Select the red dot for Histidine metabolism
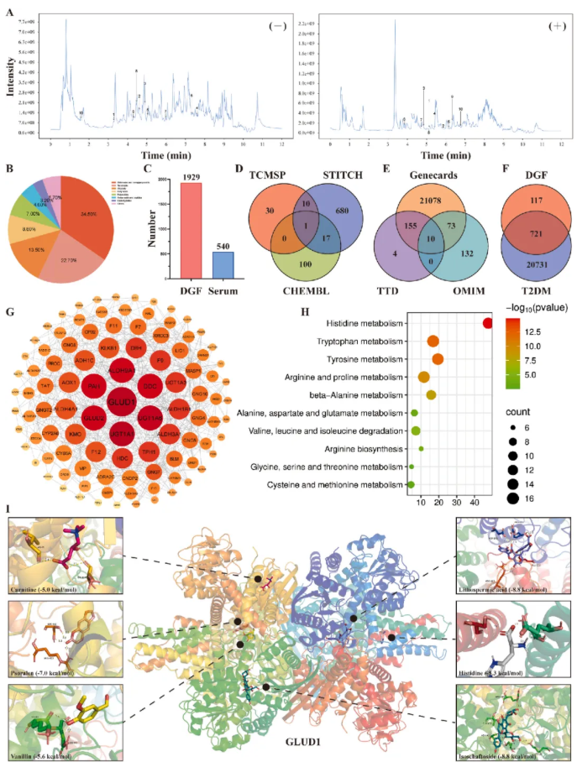[x=488, y=324]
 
